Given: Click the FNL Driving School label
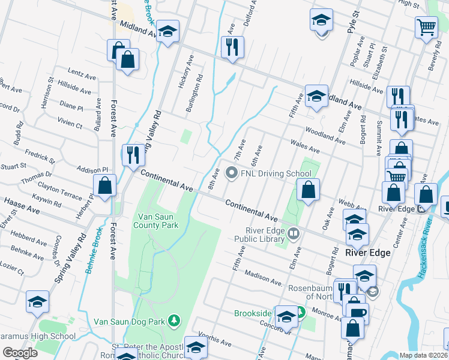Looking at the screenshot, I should point(267,173).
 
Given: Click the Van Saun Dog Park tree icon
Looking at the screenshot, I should point(174,320).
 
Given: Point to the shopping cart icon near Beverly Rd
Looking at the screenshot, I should point(426,26).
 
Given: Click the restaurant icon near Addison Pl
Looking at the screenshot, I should point(133,155).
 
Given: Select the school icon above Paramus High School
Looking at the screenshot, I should point(37,302).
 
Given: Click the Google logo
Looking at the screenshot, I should point(20,352).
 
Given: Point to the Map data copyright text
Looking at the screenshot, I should point(423,355).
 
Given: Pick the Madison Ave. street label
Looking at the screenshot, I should point(264,278).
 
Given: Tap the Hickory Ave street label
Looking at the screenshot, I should point(187,72).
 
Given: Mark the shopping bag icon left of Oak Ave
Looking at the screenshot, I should point(308,190).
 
